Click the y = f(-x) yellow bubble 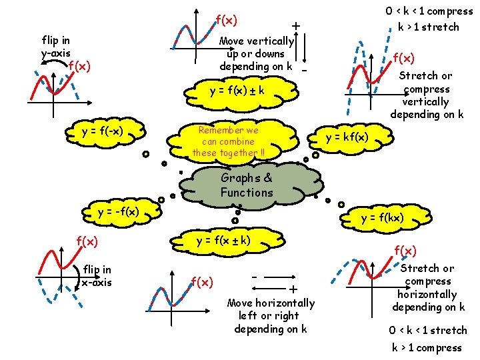click(103, 131)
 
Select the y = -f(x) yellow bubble click(118, 212)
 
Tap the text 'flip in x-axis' click(97, 276)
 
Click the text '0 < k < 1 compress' click(429, 11)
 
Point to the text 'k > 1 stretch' click(429, 27)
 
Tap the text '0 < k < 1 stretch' click(427, 330)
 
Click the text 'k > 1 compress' click(426, 347)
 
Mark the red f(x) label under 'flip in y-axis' click(79, 65)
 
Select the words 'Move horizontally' click(271, 303)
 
